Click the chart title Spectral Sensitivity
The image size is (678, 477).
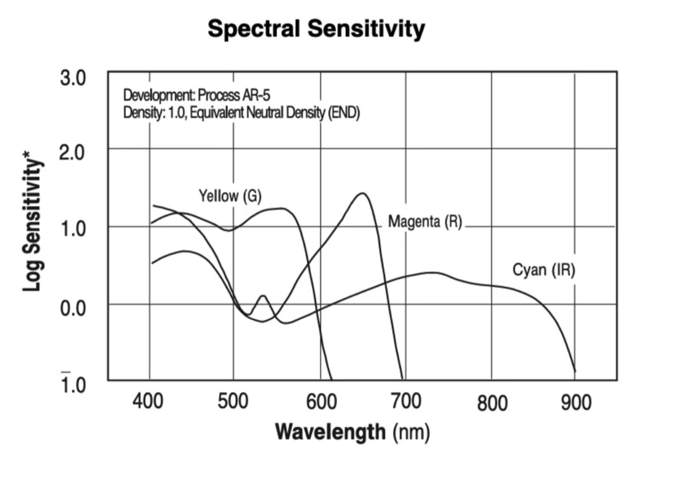click(316, 29)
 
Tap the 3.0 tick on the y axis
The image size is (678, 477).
click(73, 77)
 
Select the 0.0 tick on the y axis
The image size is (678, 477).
click(73, 308)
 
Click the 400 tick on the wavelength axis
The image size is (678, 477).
click(148, 402)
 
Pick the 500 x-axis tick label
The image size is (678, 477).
click(233, 402)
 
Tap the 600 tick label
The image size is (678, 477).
click(321, 402)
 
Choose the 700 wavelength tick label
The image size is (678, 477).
click(405, 402)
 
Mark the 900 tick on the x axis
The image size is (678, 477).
click(575, 402)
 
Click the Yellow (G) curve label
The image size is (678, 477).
click(231, 197)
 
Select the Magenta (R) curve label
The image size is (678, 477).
click(424, 222)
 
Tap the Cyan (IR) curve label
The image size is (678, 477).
click(544, 270)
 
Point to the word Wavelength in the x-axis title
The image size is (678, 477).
click(329, 433)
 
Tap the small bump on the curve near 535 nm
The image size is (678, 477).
click(263, 296)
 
